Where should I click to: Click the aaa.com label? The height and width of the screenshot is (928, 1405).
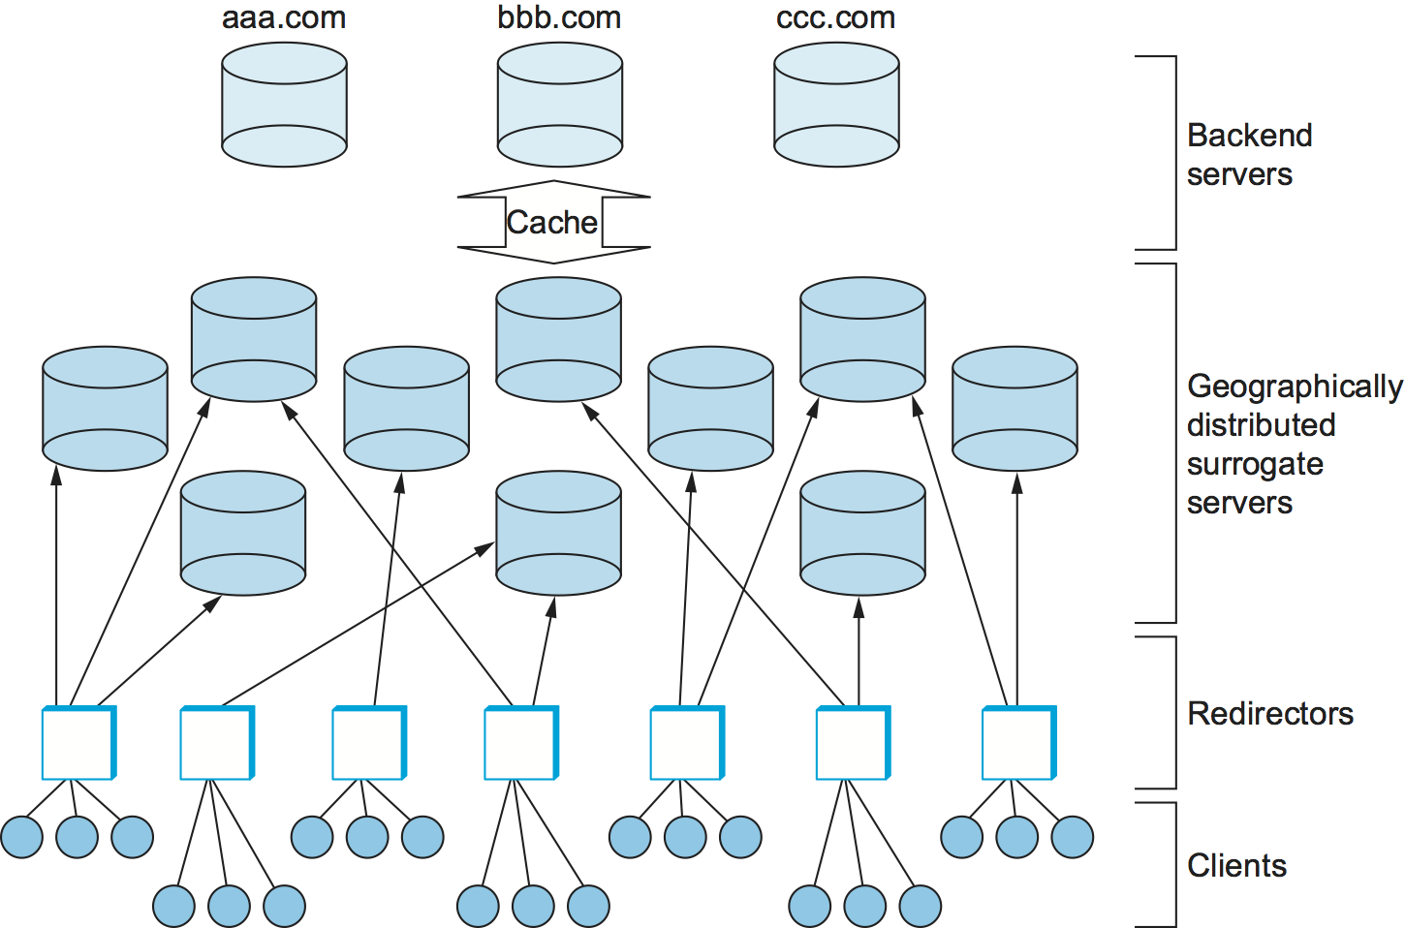click(284, 18)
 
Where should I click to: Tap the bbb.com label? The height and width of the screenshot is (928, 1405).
click(559, 18)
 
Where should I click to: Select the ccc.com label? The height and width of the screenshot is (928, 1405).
click(835, 18)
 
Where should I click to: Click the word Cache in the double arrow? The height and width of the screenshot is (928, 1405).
click(552, 223)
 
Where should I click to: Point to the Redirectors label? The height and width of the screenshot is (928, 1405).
click(1270, 714)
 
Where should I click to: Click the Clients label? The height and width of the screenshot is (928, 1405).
click(1236, 865)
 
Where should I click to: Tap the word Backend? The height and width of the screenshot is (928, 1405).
click(1249, 136)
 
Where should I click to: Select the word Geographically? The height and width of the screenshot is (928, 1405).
click(1295, 387)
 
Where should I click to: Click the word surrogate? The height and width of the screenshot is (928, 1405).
click(1255, 464)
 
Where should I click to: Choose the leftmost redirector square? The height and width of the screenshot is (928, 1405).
click(78, 743)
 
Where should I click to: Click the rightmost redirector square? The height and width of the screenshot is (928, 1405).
click(1018, 743)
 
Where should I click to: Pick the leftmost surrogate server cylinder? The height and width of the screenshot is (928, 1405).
click(105, 409)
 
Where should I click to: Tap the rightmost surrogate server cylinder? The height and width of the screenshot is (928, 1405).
click(1015, 409)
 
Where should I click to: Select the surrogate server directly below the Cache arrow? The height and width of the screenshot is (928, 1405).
click(558, 339)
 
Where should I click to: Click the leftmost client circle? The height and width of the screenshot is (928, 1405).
click(21, 837)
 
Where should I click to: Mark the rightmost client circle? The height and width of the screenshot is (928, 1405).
click(1073, 837)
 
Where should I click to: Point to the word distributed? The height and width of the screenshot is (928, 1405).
click(1261, 425)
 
